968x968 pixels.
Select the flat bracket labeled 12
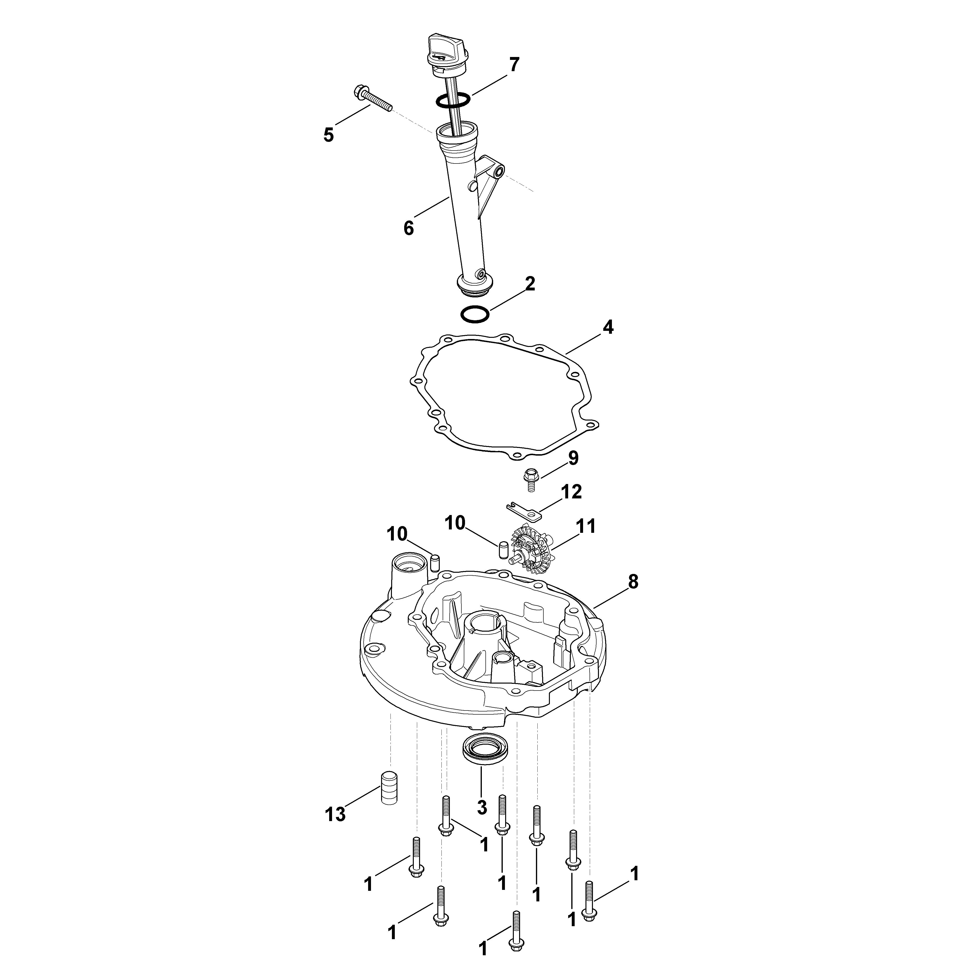coord(524,509)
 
